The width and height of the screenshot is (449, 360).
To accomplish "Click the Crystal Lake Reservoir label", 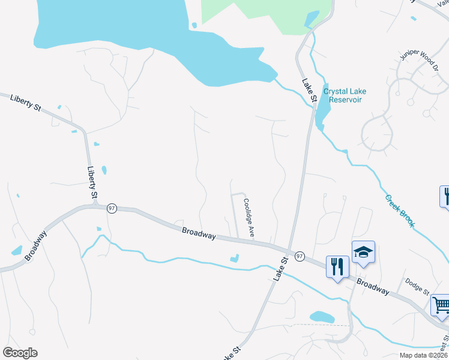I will (x=345, y=95).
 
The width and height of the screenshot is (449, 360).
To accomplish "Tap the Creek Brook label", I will (x=400, y=210).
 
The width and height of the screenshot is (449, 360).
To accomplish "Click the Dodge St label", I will (x=417, y=286).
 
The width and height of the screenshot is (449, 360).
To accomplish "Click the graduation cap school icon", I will (x=363, y=252).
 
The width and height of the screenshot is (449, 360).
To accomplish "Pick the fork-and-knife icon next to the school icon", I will (x=337, y=265).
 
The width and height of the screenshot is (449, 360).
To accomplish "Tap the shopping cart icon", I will (x=441, y=305).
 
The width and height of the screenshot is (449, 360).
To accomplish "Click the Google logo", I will (x=20, y=353).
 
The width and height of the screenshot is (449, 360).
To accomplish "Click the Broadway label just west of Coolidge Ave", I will (x=199, y=233).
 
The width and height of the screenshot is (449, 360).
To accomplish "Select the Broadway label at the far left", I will (x=35, y=246).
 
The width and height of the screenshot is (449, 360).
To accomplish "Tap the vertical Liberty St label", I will (x=92, y=183).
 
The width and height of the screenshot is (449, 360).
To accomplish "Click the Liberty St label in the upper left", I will (x=25, y=103).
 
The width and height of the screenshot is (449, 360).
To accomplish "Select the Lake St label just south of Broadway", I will (x=281, y=266).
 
